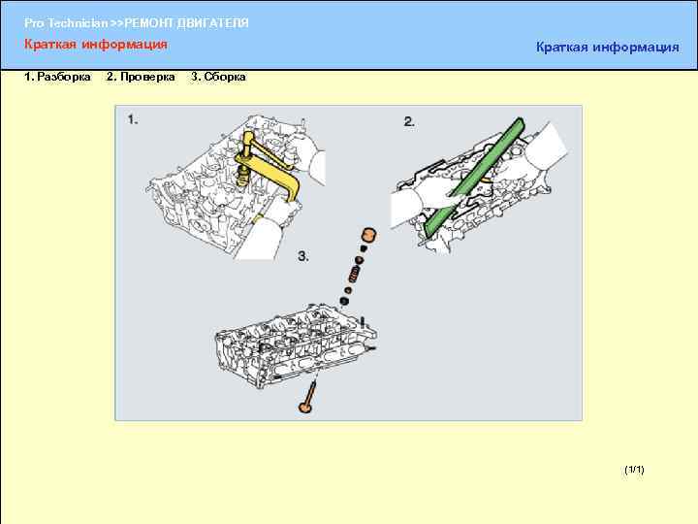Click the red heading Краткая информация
tap(96, 45)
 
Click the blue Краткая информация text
tap(608, 47)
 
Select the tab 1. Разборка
tap(57, 77)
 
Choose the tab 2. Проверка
tap(141, 77)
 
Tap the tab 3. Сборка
tap(218, 77)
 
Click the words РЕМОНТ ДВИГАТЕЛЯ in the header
tap(186, 23)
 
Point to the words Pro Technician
tap(66, 23)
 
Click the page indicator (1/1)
tap(634, 470)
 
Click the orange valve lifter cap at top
tap(369, 235)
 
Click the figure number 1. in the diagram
tap(133, 119)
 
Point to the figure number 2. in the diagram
tap(409, 121)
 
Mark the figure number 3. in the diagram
tap(303, 256)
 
